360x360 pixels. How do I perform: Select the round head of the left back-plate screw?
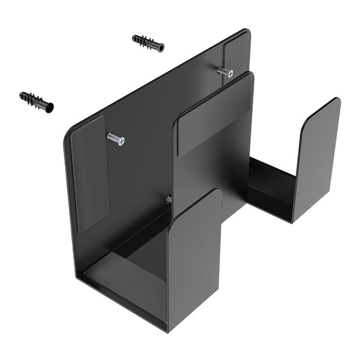(x=120, y=141)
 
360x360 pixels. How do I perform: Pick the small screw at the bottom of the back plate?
(x=169, y=199)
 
